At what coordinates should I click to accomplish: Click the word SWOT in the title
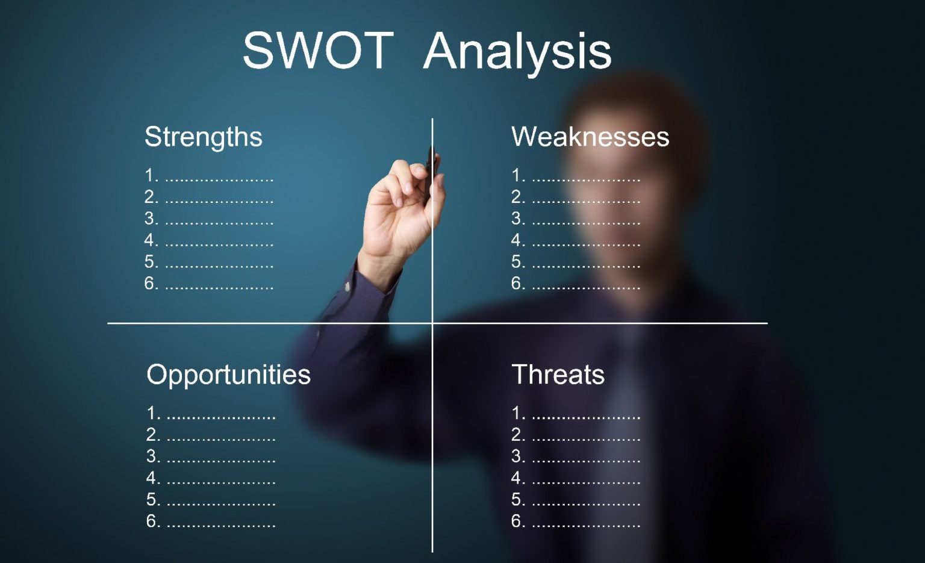(x=318, y=51)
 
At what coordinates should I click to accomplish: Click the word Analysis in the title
(x=517, y=52)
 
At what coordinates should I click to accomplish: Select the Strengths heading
(x=204, y=137)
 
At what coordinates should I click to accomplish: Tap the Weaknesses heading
(x=590, y=137)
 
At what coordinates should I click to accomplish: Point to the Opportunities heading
(x=228, y=375)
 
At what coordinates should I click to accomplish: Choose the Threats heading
(x=558, y=375)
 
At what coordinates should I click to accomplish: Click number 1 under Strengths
(x=151, y=176)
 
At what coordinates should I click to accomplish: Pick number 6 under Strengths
(x=151, y=283)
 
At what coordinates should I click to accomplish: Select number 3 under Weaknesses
(x=517, y=219)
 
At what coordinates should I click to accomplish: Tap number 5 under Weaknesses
(x=517, y=262)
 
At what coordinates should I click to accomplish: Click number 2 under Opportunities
(x=153, y=435)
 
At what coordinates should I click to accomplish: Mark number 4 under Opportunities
(x=153, y=478)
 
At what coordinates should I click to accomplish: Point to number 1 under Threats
(x=517, y=413)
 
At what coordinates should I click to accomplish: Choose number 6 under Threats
(x=517, y=521)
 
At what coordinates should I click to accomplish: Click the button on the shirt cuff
(x=347, y=287)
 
